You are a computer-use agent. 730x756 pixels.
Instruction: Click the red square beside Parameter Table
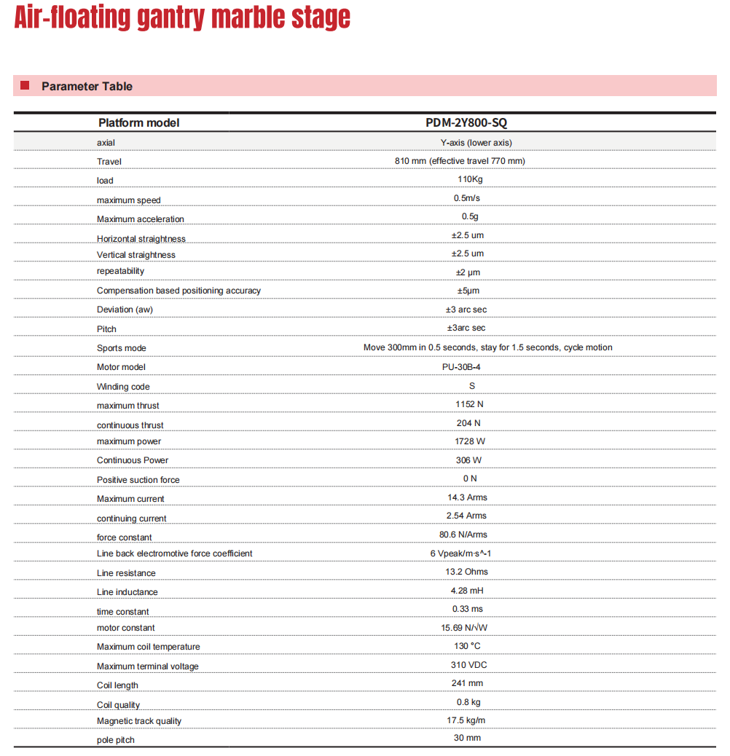click(25, 86)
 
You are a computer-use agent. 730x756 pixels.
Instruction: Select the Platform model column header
click(138, 122)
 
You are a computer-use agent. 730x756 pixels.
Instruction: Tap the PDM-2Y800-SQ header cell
click(466, 122)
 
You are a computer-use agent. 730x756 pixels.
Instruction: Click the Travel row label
click(109, 161)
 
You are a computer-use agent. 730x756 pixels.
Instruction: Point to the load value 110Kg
click(466, 179)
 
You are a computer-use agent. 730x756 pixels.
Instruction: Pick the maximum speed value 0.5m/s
click(466, 198)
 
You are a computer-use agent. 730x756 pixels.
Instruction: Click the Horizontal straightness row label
click(141, 239)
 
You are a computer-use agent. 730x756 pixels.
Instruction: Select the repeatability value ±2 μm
click(466, 272)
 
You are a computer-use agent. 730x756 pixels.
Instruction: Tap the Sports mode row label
click(122, 348)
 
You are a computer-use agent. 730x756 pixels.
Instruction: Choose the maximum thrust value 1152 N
click(466, 404)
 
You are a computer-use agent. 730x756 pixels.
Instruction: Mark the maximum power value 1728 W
click(466, 441)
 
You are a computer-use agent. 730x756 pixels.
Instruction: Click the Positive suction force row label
click(138, 480)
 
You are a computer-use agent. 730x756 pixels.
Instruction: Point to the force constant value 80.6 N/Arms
click(466, 535)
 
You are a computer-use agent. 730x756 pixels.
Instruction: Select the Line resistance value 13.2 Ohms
click(466, 572)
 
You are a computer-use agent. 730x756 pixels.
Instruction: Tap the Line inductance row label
click(127, 592)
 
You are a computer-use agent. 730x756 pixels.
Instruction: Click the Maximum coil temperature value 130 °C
click(466, 646)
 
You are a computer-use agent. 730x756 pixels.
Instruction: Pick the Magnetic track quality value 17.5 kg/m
click(466, 720)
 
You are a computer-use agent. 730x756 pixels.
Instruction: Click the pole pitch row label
click(116, 740)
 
